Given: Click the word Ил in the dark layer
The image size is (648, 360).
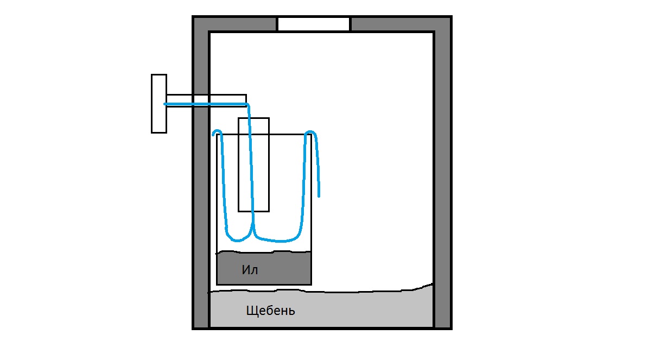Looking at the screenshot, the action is pyautogui.click(x=250, y=270).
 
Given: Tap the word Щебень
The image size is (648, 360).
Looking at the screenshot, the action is pyautogui.click(x=271, y=311).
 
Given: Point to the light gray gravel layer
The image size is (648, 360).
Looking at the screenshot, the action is pyautogui.click(x=321, y=309).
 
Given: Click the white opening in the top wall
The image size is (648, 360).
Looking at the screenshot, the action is pyautogui.click(x=314, y=24).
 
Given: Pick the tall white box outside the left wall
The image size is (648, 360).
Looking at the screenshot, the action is pyautogui.click(x=159, y=104).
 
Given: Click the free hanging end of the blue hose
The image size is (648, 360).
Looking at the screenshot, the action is pyautogui.click(x=319, y=196).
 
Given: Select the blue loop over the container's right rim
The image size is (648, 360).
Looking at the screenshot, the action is pyautogui.click(x=311, y=132).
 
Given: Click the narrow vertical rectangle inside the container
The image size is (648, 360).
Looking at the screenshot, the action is pyautogui.click(x=254, y=165).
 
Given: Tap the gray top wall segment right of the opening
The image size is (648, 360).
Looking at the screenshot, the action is pyautogui.click(x=401, y=24).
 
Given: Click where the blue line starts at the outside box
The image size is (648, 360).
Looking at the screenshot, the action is pyautogui.click(x=166, y=104).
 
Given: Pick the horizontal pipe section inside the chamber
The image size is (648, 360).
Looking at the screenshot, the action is pyautogui.click(x=228, y=100).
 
